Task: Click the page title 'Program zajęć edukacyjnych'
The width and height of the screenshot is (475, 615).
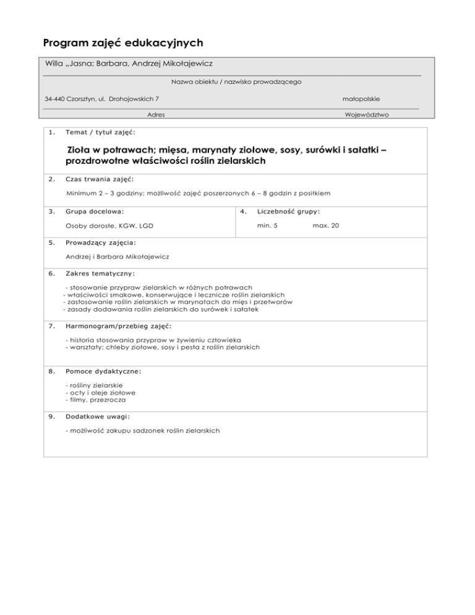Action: (124, 45)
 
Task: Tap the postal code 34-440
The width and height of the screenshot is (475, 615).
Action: (55, 99)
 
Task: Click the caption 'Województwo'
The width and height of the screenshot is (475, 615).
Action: (367, 115)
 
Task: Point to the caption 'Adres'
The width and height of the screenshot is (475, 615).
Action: (156, 115)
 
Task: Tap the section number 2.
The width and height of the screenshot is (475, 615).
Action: (51, 179)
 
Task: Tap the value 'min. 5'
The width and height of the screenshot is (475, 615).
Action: (267, 225)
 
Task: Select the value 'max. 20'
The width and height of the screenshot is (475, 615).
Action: (326, 225)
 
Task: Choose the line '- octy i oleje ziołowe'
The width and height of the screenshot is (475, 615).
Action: (100, 392)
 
